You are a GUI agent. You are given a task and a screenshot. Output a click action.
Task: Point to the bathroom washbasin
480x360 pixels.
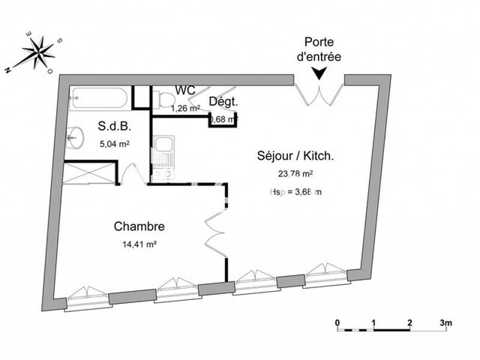(75, 138)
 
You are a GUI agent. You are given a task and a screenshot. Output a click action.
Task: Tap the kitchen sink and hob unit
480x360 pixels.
(163, 158)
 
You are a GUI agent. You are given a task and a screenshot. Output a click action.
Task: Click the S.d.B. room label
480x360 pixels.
(114, 127)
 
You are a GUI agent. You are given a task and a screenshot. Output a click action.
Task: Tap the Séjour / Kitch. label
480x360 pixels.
(296, 156)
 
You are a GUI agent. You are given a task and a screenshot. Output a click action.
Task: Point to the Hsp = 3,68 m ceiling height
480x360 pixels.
(295, 192)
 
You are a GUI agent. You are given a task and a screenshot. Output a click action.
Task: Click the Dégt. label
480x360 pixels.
(223, 102)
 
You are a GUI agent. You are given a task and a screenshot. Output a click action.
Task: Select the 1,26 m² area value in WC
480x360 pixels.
(185, 109)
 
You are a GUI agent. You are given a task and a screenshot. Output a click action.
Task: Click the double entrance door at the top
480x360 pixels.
(319, 91)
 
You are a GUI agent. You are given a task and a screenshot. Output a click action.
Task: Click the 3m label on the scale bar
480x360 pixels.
(445, 322)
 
